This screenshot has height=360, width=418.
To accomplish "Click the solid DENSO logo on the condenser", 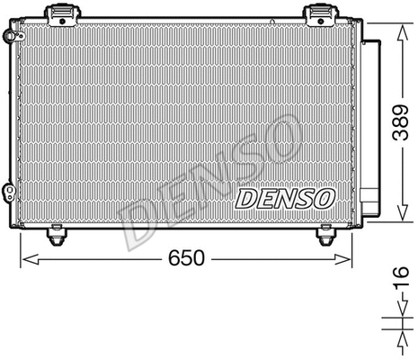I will pyautogui.click(x=285, y=197).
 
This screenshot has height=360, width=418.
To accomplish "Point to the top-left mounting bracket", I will pyautogui.click(x=64, y=14).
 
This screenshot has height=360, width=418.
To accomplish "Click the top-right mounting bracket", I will pyautogui.click(x=321, y=14).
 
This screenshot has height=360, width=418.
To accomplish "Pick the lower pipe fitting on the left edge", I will pyautogui.click(x=8, y=192).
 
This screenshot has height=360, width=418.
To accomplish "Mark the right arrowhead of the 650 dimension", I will pyautogui.click(x=349, y=259).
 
